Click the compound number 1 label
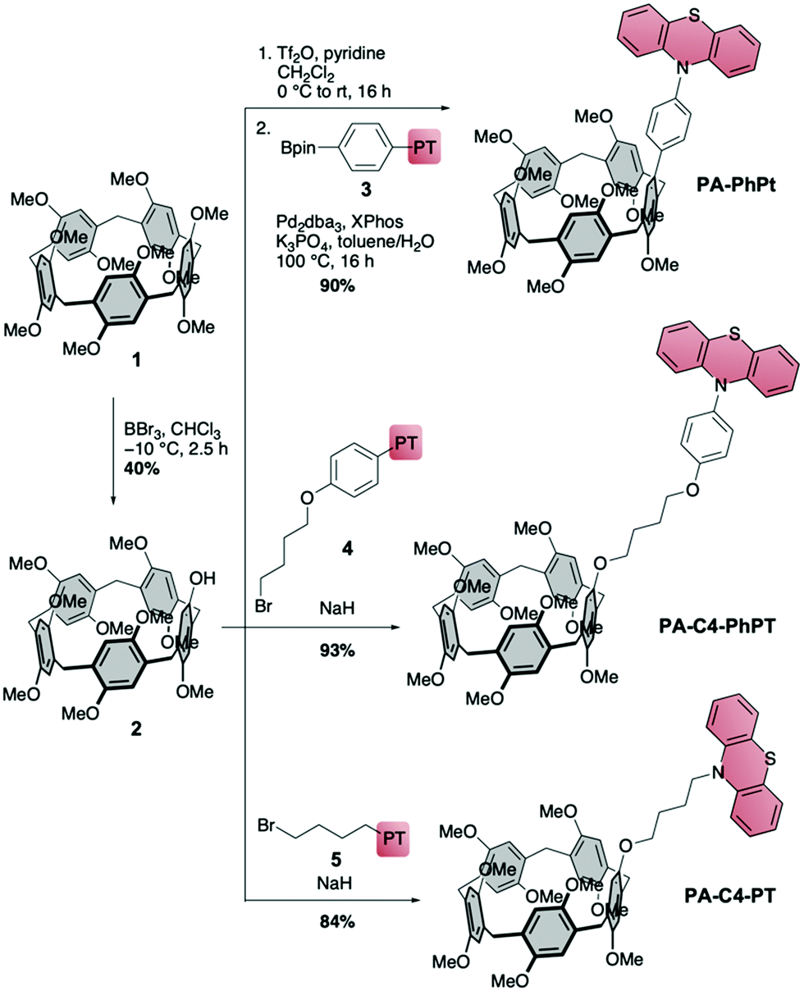(x=137, y=359)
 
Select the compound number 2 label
(x=136, y=728)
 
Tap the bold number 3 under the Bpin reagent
(x=366, y=190)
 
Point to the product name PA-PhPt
(x=736, y=185)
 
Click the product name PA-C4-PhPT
(x=717, y=626)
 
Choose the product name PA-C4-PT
(x=729, y=896)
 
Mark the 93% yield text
(x=337, y=651)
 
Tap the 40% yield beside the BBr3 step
(x=141, y=468)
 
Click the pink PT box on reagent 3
(x=424, y=148)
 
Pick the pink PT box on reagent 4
(x=406, y=442)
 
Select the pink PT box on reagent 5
(x=393, y=839)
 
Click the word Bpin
(x=299, y=148)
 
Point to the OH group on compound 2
(x=203, y=578)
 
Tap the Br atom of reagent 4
(x=263, y=607)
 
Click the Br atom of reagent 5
(x=266, y=826)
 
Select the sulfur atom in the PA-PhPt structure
(x=694, y=16)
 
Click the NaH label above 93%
(x=337, y=608)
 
